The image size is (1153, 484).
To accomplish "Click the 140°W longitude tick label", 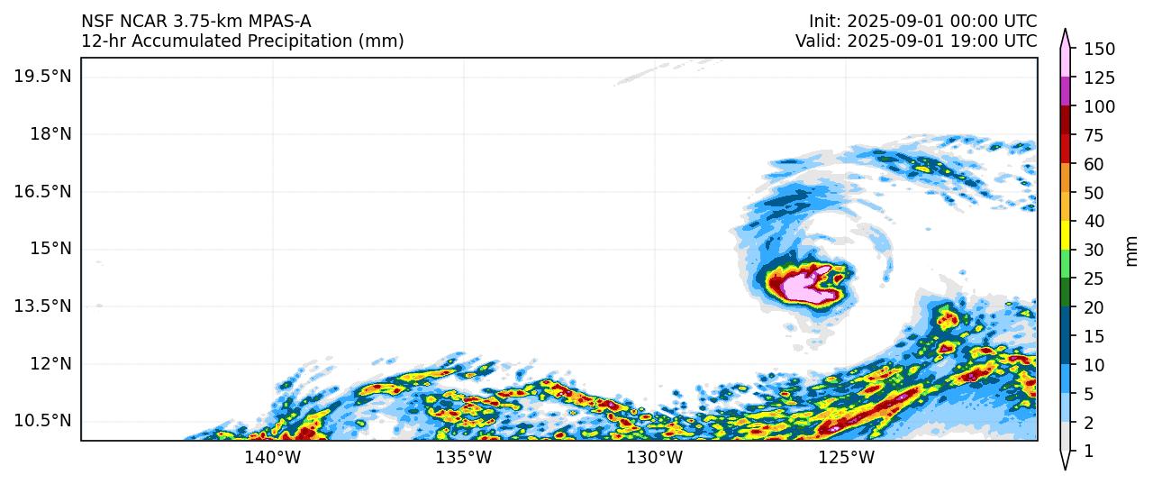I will [x=273, y=458].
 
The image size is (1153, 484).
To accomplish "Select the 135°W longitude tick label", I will [x=464, y=458].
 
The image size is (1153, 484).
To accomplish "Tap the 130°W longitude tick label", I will [x=655, y=458].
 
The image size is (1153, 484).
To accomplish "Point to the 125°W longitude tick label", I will [x=847, y=458].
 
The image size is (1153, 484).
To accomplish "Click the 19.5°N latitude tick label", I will [x=42, y=76].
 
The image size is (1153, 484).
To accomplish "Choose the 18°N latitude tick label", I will [x=50, y=133].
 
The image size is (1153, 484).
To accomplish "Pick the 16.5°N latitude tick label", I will [x=42, y=191].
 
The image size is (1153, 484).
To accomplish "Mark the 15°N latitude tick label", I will [x=50, y=248].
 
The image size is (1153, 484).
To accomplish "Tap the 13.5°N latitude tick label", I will [x=42, y=306].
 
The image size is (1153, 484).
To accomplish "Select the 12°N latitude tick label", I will [x=50, y=363].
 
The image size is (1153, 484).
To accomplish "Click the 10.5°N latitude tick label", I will [x=42, y=421].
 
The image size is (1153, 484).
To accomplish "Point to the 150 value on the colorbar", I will [x=1099, y=49].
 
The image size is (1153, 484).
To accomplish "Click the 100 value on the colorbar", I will [x=1099, y=106].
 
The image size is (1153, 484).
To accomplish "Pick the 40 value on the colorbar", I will [x=1095, y=222].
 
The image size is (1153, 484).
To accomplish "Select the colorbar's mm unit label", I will [x=1132, y=251].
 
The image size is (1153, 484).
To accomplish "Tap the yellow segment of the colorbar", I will [x=1065, y=236].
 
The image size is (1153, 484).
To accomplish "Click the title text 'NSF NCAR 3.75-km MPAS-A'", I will [x=196, y=22].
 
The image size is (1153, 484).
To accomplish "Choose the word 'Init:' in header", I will [x=825, y=22].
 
